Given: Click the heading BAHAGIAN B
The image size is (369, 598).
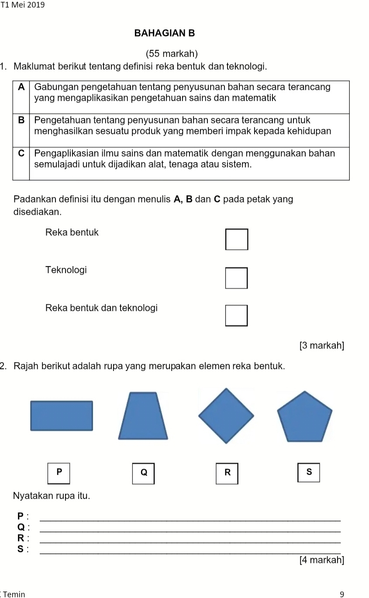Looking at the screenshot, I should pos(164,33).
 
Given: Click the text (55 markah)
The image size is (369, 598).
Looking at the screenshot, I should pos(172,54).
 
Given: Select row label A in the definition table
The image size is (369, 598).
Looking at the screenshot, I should pos(21,86).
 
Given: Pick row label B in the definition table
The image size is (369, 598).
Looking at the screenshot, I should pos(21,120).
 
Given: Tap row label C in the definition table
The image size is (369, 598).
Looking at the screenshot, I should pos(21,153).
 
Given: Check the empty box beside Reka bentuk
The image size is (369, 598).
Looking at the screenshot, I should pos(237,239).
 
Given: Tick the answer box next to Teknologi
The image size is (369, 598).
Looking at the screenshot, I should pos(236,278).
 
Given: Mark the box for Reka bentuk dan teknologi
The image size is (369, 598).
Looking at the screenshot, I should pos(236,315).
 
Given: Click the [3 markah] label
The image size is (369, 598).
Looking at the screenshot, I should pos(321,346).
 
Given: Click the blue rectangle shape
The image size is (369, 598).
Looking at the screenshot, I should pos(62,416).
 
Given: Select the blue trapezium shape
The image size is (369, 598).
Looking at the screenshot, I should pos(143,416).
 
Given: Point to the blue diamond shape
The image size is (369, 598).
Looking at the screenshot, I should pos(226,416).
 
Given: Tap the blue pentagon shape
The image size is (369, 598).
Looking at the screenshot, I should pos(305,418).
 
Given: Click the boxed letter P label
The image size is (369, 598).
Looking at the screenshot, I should pos(59,472).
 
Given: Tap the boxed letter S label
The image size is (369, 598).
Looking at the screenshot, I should pos(309,472).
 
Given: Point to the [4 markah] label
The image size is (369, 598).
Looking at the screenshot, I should pos(321,560).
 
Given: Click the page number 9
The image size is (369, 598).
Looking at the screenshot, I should pos(342,594).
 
